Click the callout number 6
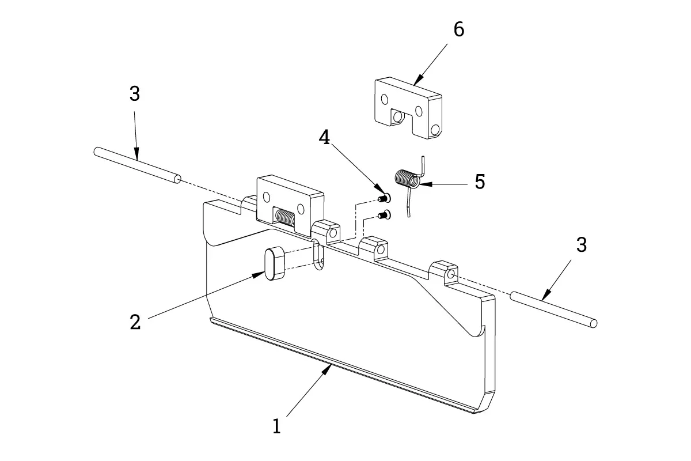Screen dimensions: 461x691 tap(458, 29)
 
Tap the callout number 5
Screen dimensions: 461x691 tap(480, 182)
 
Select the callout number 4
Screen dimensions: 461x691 tap(325, 137)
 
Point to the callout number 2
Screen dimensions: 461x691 tap(135, 322)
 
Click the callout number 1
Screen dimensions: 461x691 tap(277, 426)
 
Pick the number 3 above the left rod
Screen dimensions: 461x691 tap(134, 94)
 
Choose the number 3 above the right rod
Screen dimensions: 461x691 tap(582, 244)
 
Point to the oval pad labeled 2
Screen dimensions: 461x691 tap(275, 263)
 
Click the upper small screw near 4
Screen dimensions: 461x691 tap(384, 198)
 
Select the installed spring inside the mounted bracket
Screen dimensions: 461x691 tap(284, 217)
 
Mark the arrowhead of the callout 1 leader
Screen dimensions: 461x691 tap(329, 368)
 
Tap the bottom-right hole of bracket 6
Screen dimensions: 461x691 tap(435, 130)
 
